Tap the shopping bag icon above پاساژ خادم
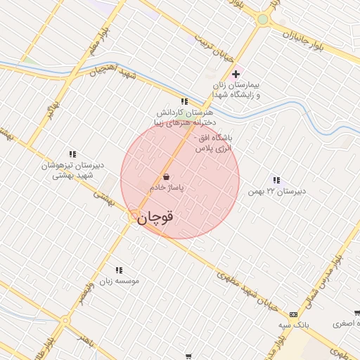(x=167, y=176)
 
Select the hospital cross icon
(x=236, y=74)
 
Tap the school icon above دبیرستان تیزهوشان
(x=72, y=154)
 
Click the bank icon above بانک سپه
(x=293, y=314)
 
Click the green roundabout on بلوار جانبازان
(x=263, y=20)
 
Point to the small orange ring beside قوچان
(x=134, y=216)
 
